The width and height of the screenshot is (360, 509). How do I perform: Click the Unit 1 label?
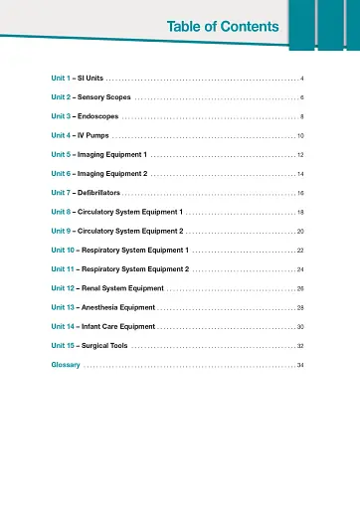click(x=62, y=77)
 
